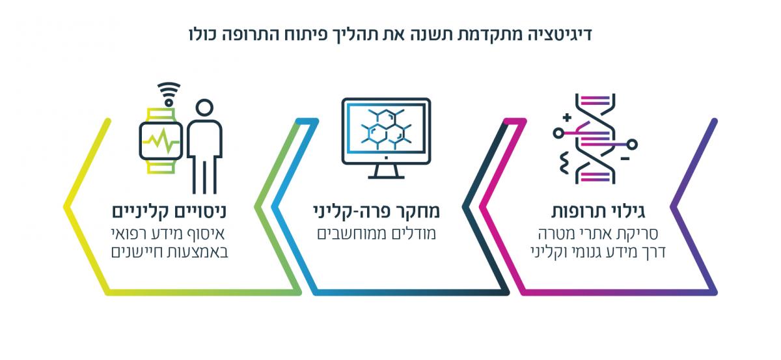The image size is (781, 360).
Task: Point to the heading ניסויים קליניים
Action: [171, 212]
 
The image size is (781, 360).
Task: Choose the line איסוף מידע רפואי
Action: [171, 233]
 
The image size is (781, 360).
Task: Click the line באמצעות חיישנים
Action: [171, 251]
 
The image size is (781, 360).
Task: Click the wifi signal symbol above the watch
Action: [170, 92]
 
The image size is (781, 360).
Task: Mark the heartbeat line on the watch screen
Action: [161, 141]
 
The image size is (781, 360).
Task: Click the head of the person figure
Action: [204, 108]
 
